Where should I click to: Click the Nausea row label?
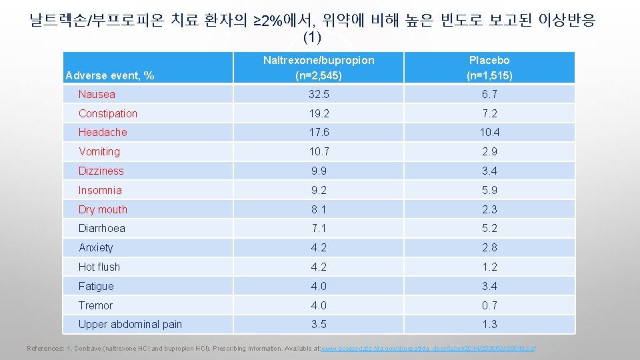[x=97, y=95]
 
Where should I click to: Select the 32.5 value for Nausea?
[x=319, y=95]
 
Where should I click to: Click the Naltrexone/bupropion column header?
[x=319, y=67]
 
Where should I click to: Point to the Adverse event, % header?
[x=109, y=75]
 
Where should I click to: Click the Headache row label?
[x=103, y=133]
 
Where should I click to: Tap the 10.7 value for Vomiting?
[x=319, y=152]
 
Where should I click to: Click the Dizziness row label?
[x=101, y=171]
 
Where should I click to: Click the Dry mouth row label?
[x=103, y=209]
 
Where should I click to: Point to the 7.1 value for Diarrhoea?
[x=319, y=228]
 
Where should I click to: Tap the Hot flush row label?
[x=99, y=267]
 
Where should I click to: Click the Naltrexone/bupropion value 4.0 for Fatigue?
[x=319, y=286]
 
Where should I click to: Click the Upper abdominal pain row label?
[x=130, y=325]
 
